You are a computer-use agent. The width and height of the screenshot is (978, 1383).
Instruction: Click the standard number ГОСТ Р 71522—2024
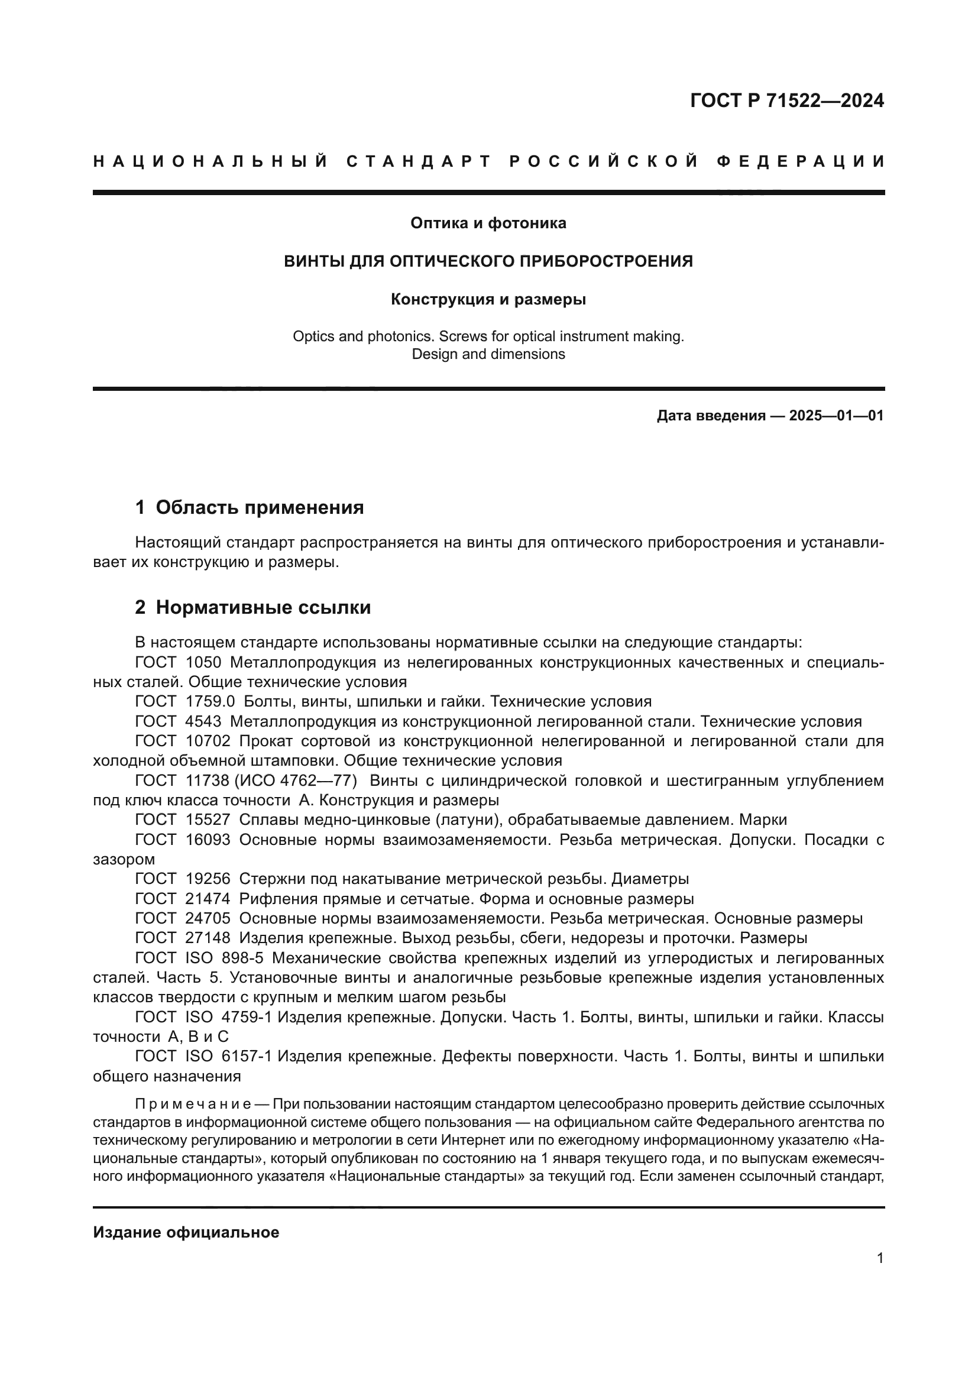tap(786, 101)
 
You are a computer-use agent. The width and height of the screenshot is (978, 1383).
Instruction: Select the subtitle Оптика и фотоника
tap(488, 224)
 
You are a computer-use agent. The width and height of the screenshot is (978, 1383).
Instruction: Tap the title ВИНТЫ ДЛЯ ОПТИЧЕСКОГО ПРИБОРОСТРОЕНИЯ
tap(488, 261)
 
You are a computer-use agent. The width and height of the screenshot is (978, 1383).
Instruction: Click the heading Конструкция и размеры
tap(488, 299)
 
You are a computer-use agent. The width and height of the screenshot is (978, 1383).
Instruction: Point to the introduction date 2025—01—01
tap(836, 416)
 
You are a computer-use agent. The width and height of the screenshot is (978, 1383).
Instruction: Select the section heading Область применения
tap(260, 508)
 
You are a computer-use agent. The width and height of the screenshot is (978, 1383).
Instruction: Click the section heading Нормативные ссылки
tap(263, 608)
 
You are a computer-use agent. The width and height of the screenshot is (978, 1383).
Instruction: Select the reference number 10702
tap(208, 741)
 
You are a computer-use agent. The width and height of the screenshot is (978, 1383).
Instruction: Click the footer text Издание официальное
tap(186, 1232)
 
